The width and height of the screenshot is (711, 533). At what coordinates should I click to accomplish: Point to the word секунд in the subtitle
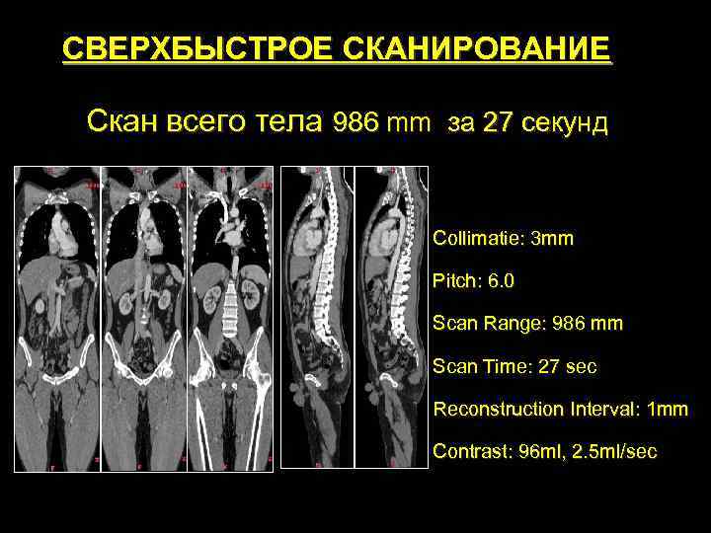[563, 122]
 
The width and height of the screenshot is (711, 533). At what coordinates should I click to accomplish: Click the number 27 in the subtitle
[499, 122]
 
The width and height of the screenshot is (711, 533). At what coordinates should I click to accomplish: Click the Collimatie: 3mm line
[503, 238]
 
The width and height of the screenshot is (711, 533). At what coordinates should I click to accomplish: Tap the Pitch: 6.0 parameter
[473, 280]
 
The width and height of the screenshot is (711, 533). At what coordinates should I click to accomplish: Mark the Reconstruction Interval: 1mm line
[561, 409]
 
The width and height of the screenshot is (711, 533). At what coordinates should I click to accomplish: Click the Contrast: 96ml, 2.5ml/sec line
[544, 451]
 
